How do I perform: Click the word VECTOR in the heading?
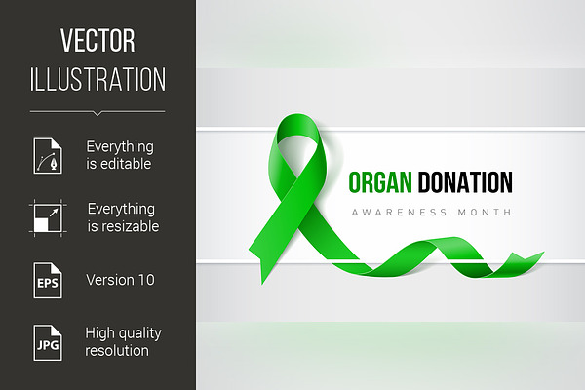coord(97,40)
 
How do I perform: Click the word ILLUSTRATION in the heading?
coord(97,79)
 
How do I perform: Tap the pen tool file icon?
coord(48,155)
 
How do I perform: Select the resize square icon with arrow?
coord(48,218)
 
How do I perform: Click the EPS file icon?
coord(48,280)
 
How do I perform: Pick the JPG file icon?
coord(48,342)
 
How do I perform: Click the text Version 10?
coord(120,280)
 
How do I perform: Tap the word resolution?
coord(117,351)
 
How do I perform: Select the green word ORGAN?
coord(380,182)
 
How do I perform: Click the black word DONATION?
coord(465,182)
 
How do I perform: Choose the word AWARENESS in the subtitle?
coord(399,213)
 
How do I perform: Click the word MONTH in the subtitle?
coord(485,213)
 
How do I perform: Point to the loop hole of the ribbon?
coord(298,152)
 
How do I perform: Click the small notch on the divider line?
coord(97,113)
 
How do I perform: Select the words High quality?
coord(123,333)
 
